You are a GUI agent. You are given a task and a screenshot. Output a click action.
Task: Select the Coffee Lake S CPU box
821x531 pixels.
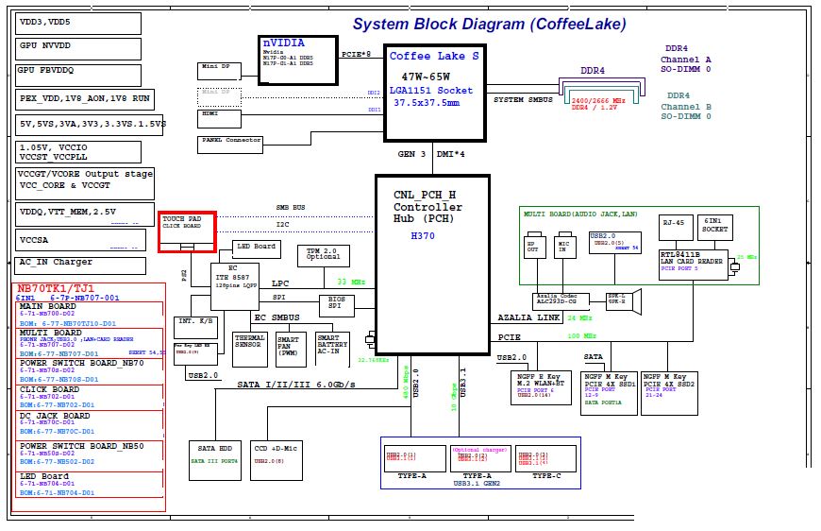pyautogui.click(x=435, y=91)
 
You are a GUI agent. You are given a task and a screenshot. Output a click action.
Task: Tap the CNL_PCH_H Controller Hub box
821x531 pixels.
pyautogui.click(x=432, y=264)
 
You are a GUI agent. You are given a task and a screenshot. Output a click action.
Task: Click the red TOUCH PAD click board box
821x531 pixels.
pyautogui.click(x=187, y=232)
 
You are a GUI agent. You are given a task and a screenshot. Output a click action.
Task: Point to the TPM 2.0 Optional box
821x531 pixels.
pyautogui.click(x=323, y=255)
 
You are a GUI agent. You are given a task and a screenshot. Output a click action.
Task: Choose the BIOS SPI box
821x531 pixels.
pyautogui.click(x=336, y=304)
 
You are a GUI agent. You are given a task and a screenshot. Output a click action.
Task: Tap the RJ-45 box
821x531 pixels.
pyautogui.click(x=674, y=227)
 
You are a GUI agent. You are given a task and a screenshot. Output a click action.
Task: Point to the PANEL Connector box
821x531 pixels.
pyautogui.click(x=230, y=143)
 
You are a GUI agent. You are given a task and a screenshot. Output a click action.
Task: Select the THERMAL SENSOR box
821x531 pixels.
pyautogui.click(x=249, y=348)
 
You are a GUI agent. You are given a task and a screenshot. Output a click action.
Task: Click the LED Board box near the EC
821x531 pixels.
pyautogui.click(x=256, y=248)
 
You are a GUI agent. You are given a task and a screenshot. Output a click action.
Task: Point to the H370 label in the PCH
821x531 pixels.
pyautogui.click(x=422, y=236)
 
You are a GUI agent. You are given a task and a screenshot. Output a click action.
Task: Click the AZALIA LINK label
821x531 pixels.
pyautogui.click(x=530, y=318)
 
